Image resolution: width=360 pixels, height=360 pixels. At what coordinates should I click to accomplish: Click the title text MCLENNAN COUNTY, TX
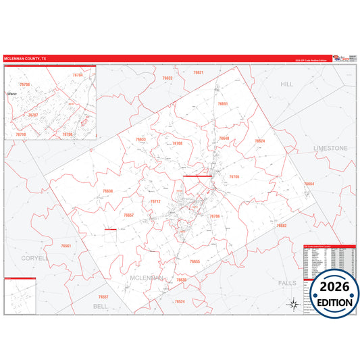tap(26, 59)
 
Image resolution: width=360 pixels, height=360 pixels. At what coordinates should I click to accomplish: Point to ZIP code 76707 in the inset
tap(32, 115)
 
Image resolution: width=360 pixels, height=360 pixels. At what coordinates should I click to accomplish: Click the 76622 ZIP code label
tap(168, 78)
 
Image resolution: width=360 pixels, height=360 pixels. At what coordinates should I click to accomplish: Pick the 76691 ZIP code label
tap(223, 104)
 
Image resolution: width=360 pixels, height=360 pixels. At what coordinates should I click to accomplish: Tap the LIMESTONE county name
tap(330, 147)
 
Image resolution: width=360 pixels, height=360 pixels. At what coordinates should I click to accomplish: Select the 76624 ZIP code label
tap(259, 140)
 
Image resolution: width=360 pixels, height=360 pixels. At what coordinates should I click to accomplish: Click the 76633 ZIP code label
tap(140, 139)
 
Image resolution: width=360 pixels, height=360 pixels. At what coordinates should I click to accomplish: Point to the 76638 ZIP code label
tap(108, 191)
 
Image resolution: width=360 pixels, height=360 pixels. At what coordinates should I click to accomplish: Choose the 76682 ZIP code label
tap(282, 225)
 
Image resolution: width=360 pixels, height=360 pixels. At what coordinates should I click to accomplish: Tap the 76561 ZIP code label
tap(66, 246)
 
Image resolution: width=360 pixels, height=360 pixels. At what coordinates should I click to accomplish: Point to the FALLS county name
tap(287, 282)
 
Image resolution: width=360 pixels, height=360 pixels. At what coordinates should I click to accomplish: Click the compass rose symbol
tap(293, 303)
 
